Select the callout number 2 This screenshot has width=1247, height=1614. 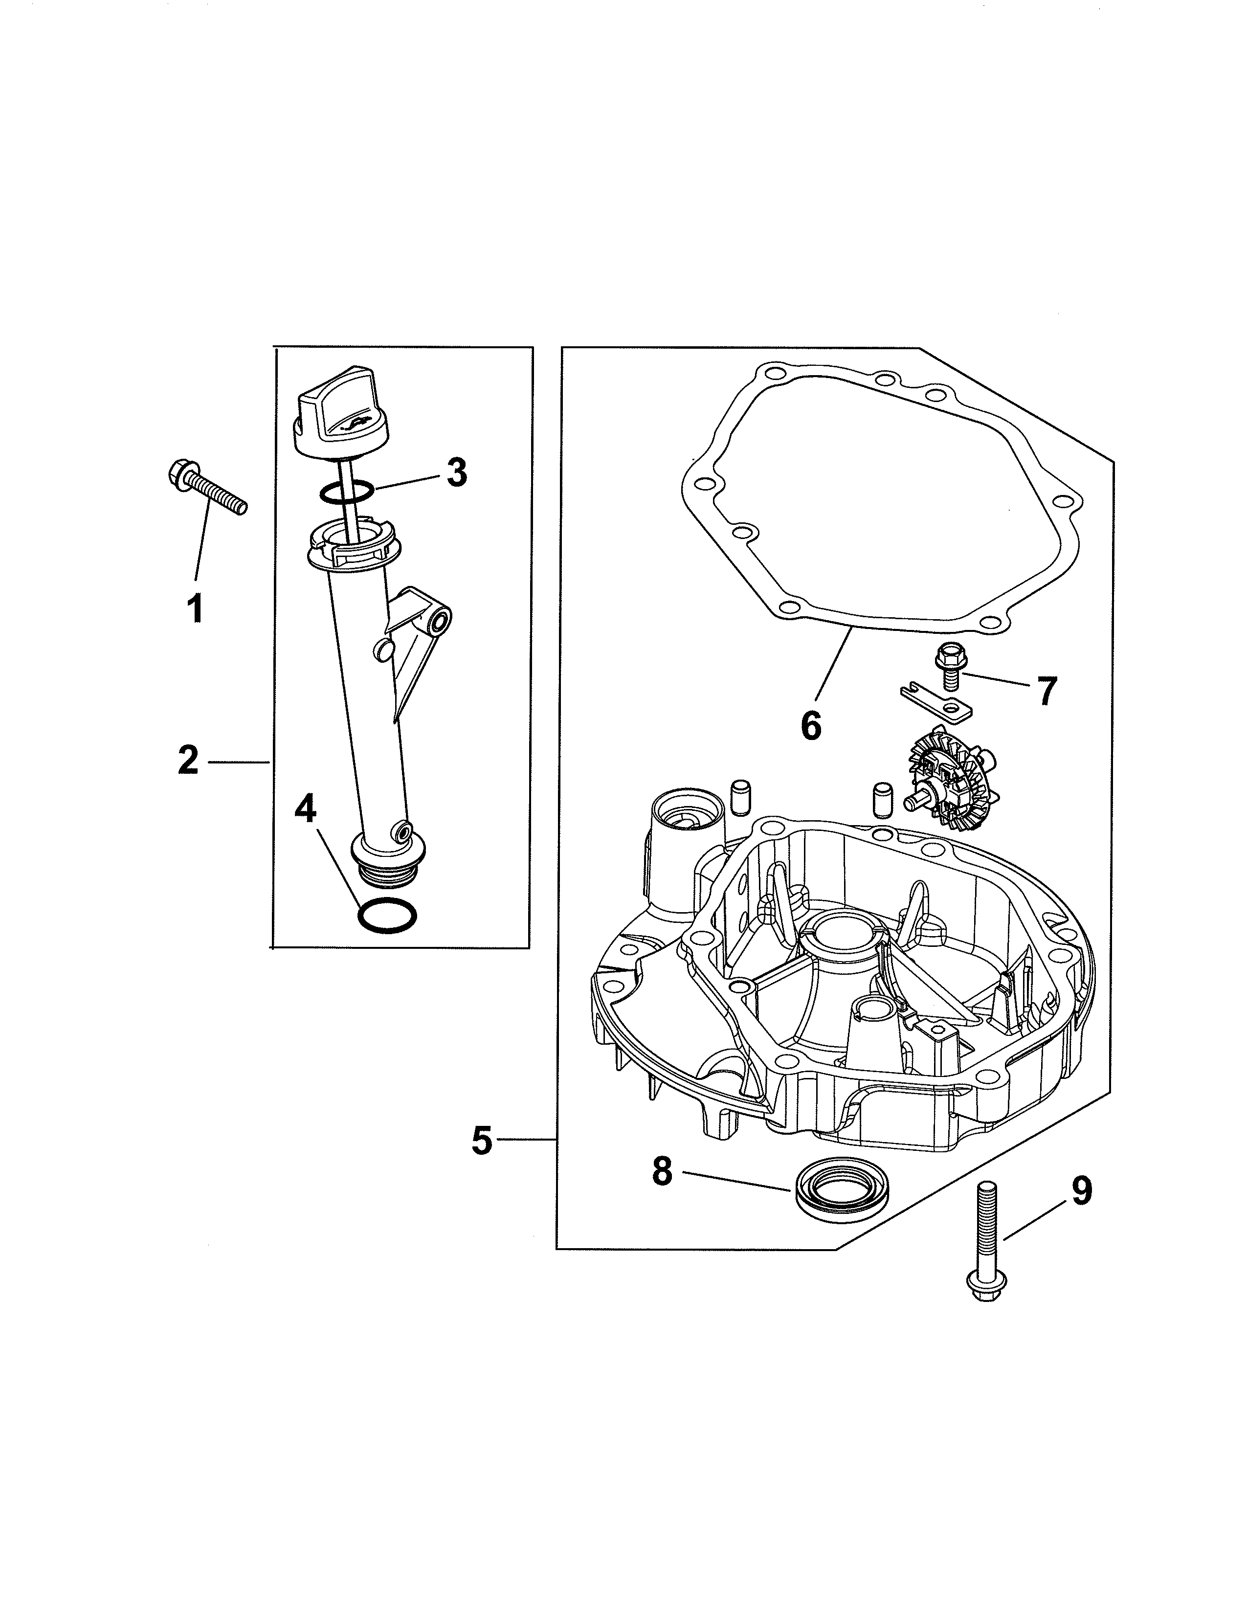[x=188, y=761]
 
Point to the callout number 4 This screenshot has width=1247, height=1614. [x=305, y=810]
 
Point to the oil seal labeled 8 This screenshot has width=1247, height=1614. [x=843, y=1197]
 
